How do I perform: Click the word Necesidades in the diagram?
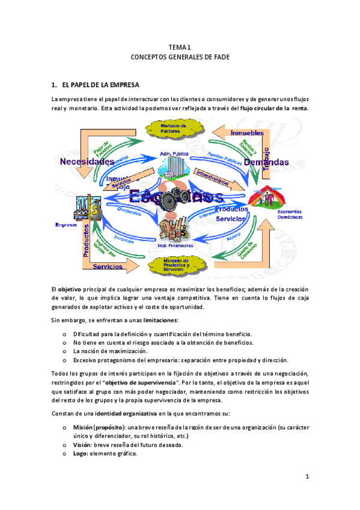pyautogui.click(x=87, y=162)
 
